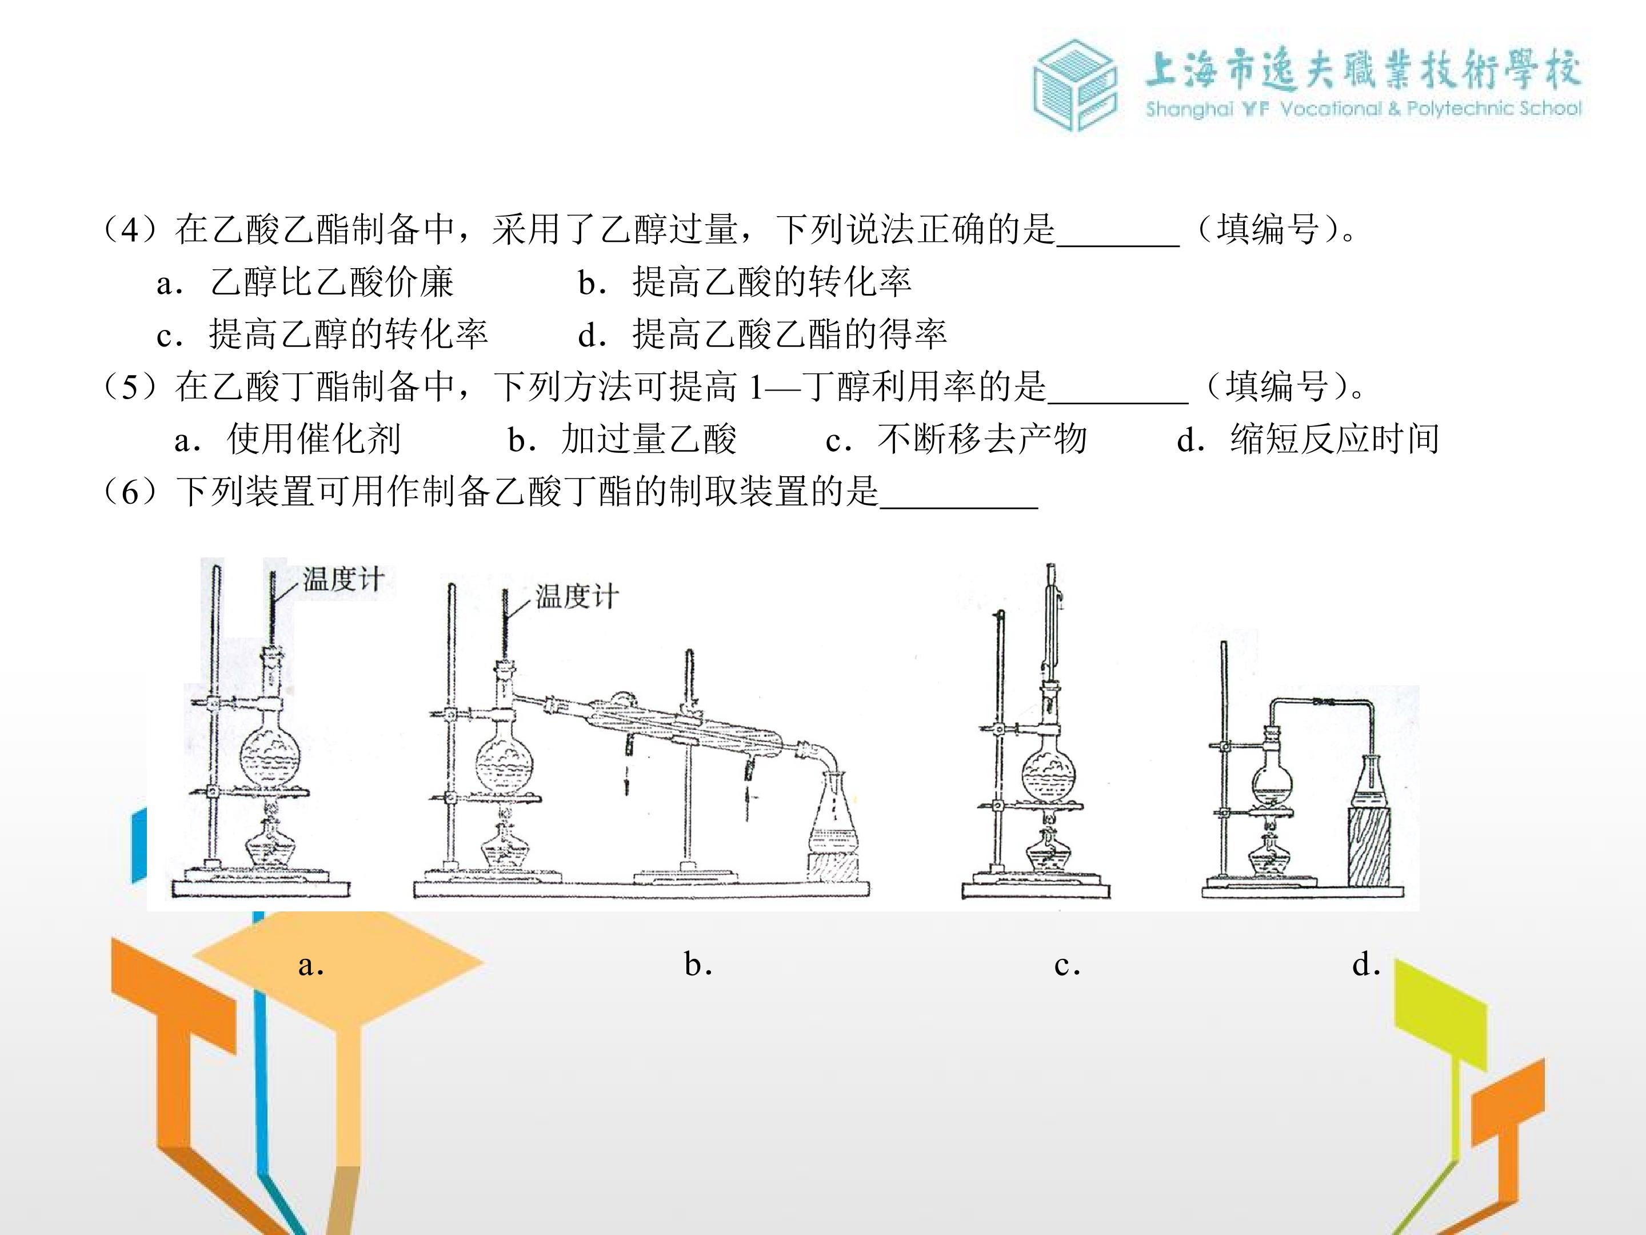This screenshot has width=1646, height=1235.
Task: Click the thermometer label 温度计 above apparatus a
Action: click(x=343, y=579)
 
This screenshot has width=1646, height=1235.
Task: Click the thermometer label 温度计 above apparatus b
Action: click(x=577, y=596)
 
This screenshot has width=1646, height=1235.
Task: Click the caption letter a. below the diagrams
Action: click(x=311, y=965)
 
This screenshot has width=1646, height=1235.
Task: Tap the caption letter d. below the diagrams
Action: click(x=1366, y=964)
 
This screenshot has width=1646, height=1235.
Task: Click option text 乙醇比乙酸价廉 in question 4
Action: click(x=332, y=282)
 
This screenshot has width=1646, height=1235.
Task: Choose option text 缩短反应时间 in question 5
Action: click(x=1335, y=439)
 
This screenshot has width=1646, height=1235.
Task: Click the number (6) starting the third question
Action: click(x=130, y=492)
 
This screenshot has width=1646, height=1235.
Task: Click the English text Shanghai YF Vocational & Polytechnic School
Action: click(x=1363, y=109)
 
